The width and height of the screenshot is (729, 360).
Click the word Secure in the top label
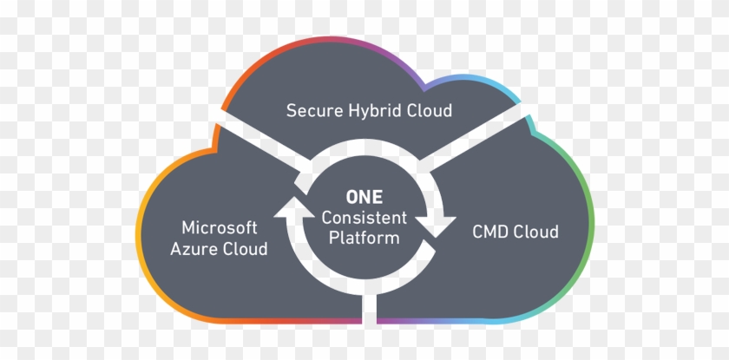coord(312,111)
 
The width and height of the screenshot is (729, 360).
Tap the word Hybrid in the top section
coord(374,112)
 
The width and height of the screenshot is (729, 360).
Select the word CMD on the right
coord(491,232)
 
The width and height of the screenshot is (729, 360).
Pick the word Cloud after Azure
coord(246,249)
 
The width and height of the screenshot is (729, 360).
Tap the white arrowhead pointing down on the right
coord(439,226)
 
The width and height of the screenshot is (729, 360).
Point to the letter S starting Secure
coord(292,111)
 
